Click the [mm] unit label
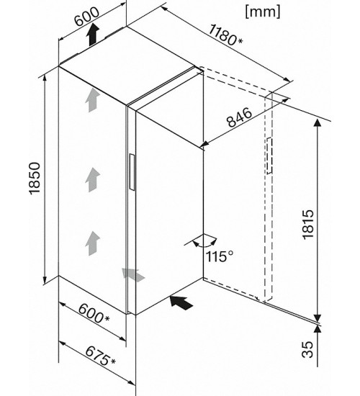(x=263, y=12)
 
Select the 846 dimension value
(x=239, y=117)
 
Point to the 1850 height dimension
(x=35, y=179)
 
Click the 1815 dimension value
(x=308, y=224)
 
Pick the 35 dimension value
(x=307, y=349)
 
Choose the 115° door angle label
(x=220, y=256)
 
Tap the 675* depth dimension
(x=100, y=356)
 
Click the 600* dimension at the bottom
(x=94, y=313)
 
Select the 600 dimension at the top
(x=87, y=17)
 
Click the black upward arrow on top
(x=93, y=35)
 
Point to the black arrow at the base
(x=181, y=302)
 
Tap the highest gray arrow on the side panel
(x=92, y=100)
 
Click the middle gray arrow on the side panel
(x=92, y=180)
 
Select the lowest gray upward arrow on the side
(x=92, y=243)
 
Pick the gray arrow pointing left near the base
(x=133, y=275)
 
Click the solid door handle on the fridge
(x=132, y=172)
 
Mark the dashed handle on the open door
(x=269, y=156)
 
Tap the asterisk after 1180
(x=240, y=40)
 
